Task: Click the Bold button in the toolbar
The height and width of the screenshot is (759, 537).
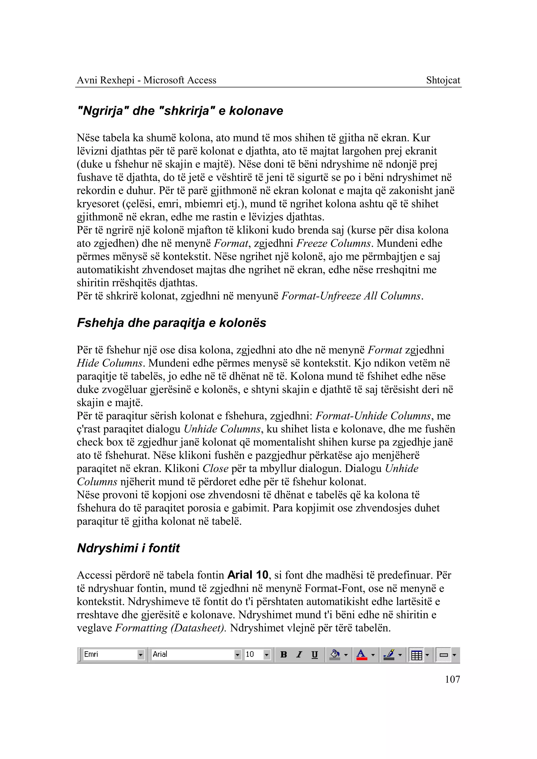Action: point(283,654)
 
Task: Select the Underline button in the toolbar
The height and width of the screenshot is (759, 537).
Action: point(314,654)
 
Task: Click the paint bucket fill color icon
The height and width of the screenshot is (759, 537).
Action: point(335,654)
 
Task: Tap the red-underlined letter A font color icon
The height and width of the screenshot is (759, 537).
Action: point(361,654)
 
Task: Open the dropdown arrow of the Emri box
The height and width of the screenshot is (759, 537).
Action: point(141,654)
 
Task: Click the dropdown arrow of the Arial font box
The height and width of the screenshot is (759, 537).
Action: point(237,654)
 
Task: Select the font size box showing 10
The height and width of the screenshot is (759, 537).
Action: point(253,654)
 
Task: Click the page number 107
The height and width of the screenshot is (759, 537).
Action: point(452,679)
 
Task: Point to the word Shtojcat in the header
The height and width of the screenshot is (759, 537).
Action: point(443,80)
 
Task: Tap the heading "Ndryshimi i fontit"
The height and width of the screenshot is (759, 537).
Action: point(128,548)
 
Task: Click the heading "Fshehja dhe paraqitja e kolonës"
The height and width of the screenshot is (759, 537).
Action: point(171,323)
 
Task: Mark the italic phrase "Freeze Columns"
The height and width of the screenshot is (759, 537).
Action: point(333,243)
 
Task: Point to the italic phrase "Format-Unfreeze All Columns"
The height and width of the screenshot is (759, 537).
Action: point(352,296)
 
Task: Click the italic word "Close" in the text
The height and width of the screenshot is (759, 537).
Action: point(215,468)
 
